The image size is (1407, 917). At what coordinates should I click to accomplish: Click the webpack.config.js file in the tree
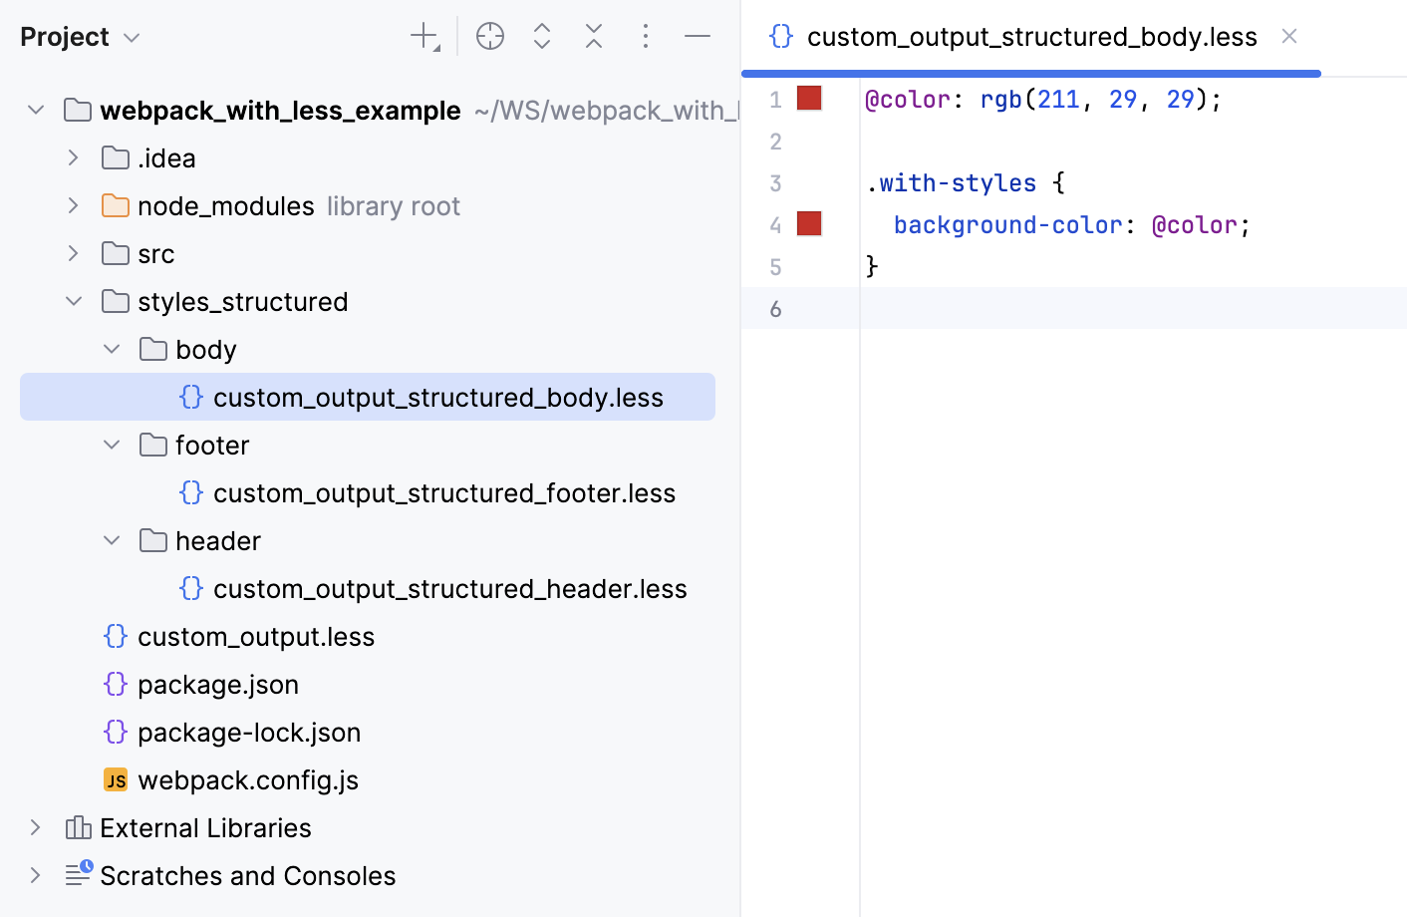coord(247,780)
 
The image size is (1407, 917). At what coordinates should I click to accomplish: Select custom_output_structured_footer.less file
coord(443,493)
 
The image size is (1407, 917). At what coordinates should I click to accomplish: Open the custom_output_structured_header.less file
coord(449,589)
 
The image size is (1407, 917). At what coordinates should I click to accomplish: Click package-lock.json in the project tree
coord(248,733)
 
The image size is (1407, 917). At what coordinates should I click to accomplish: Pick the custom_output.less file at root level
coord(255,637)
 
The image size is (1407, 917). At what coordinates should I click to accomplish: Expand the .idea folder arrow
coord(73,158)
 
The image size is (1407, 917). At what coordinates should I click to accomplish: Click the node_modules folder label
coord(225,206)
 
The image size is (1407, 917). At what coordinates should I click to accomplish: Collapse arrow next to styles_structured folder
coord(74,302)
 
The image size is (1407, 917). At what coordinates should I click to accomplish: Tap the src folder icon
coord(116,254)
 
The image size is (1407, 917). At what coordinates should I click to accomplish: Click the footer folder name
coord(212,446)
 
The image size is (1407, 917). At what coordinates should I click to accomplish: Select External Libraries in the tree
coord(205,828)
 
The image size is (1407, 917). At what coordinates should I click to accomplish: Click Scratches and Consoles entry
coord(247,876)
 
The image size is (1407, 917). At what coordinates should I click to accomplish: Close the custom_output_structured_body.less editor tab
coord(1289,37)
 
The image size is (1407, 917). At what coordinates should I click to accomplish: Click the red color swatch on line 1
coord(809,99)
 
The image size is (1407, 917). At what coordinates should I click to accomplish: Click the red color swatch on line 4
coord(809,224)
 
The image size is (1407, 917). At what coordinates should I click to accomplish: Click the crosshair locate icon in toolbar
coord(490,37)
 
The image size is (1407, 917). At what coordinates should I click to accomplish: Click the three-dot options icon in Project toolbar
coord(646,37)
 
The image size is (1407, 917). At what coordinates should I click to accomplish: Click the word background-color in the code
coord(1007,225)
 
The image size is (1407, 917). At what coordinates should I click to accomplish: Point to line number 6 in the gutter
coord(776,309)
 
